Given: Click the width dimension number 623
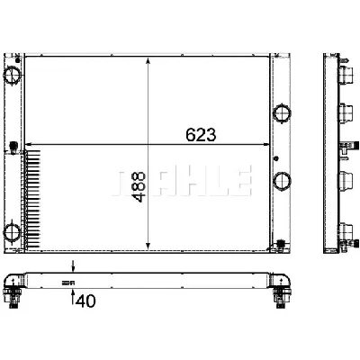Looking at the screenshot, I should point(201,134).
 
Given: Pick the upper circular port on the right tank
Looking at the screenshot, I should point(282,114).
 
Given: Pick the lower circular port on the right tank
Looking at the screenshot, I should point(282,179).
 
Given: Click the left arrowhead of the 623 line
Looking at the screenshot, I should point(29,145).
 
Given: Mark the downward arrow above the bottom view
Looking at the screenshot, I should point(75,267).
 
